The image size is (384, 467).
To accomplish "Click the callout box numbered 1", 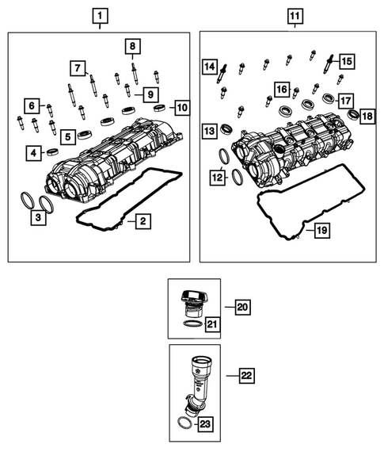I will (99, 15).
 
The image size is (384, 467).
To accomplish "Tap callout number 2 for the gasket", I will (140, 222).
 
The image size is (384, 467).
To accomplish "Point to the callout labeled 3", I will (37, 216).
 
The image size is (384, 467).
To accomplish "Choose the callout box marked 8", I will (133, 46).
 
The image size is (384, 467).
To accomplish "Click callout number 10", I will (181, 106).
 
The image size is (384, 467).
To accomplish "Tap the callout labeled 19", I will (321, 231).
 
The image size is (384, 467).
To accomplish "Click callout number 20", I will (242, 306).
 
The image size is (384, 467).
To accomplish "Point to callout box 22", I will (245, 374).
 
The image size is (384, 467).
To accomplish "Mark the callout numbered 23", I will (205, 425).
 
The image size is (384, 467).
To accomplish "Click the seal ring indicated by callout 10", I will (161, 106).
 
